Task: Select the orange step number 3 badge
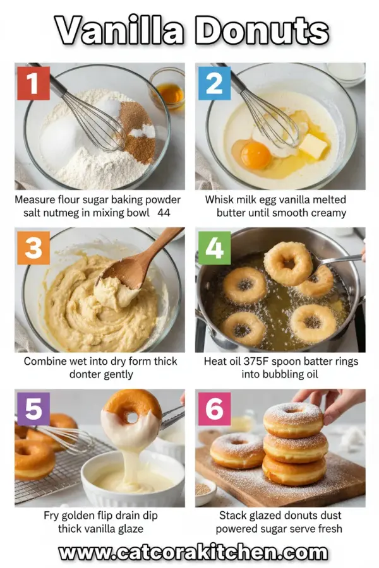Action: (33, 249)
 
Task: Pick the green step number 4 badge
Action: (214, 249)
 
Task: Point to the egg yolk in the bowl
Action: (255, 155)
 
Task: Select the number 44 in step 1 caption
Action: (164, 213)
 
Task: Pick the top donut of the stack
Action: (294, 418)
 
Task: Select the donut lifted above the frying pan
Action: (288, 261)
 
